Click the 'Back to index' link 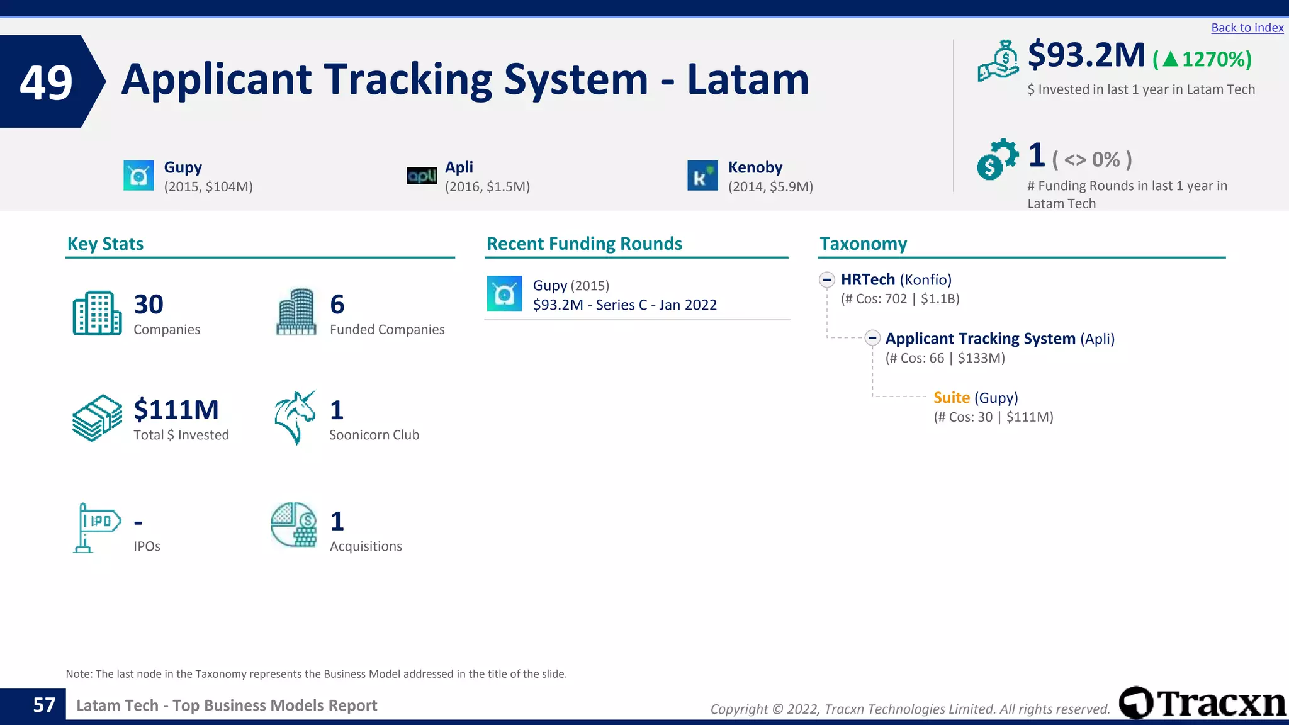1247,28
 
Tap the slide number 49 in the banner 46,82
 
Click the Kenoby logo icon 702,176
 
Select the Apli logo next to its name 422,176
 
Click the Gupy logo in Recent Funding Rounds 504,294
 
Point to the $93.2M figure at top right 1086,55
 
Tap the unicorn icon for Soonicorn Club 295,418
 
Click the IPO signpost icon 96,527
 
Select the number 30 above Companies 149,305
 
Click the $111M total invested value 176,410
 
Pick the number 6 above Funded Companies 337,305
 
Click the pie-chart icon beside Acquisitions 294,525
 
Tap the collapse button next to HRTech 827,280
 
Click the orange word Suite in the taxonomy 951,398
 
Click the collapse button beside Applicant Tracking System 872,339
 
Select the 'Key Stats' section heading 105,244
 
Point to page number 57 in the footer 44,705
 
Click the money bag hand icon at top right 998,61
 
